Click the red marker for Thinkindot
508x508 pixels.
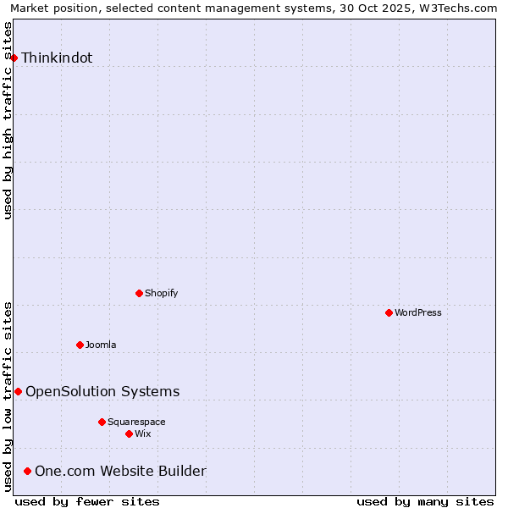point(14,58)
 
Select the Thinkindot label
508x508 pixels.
point(57,58)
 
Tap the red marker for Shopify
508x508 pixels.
point(140,293)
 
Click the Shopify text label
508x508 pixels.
point(162,294)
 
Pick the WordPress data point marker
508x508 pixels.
point(389,312)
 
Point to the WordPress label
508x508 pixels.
point(418,313)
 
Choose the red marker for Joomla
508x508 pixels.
point(80,345)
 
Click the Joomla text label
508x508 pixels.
point(101,345)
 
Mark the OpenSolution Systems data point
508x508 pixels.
point(19,391)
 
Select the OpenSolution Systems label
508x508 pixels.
point(102,391)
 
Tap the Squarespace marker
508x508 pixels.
point(102,422)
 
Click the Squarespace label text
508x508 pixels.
point(136,422)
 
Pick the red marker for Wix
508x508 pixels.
point(130,433)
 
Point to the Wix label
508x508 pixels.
point(143,434)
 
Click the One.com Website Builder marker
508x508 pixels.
point(28,471)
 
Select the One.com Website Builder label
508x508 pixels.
point(120,472)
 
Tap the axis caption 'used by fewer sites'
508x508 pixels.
point(87,501)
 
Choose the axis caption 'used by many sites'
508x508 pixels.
point(425,501)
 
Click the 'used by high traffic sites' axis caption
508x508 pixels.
point(8,120)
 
